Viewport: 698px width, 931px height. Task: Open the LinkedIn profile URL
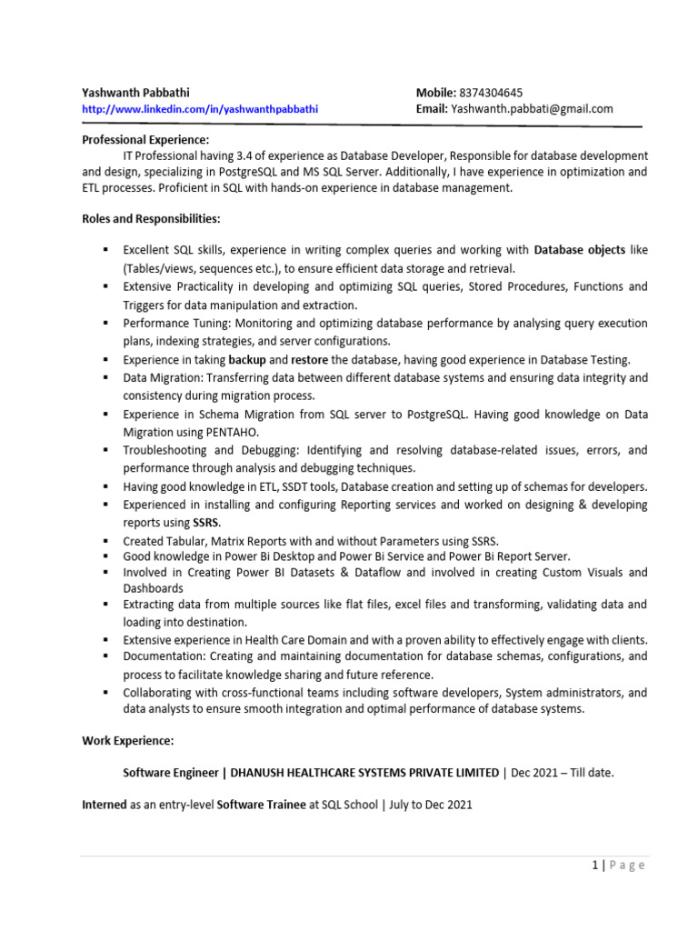[200, 109]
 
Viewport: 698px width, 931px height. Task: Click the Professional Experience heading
[145, 139]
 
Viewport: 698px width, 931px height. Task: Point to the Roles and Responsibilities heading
[151, 219]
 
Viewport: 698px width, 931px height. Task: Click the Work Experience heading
[127, 742]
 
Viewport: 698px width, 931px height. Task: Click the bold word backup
[246, 360]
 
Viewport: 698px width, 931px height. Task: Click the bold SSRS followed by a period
[206, 523]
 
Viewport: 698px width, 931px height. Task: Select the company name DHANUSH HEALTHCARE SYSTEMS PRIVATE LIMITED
[364, 773]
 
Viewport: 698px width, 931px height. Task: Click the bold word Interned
[105, 805]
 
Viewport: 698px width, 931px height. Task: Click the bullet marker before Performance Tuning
[105, 324]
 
